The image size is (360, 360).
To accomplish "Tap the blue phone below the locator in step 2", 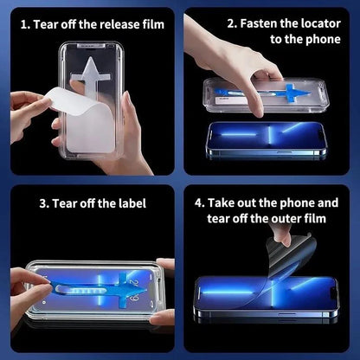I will click(x=264, y=139).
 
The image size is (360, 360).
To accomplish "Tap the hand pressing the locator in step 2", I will click(x=229, y=56).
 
